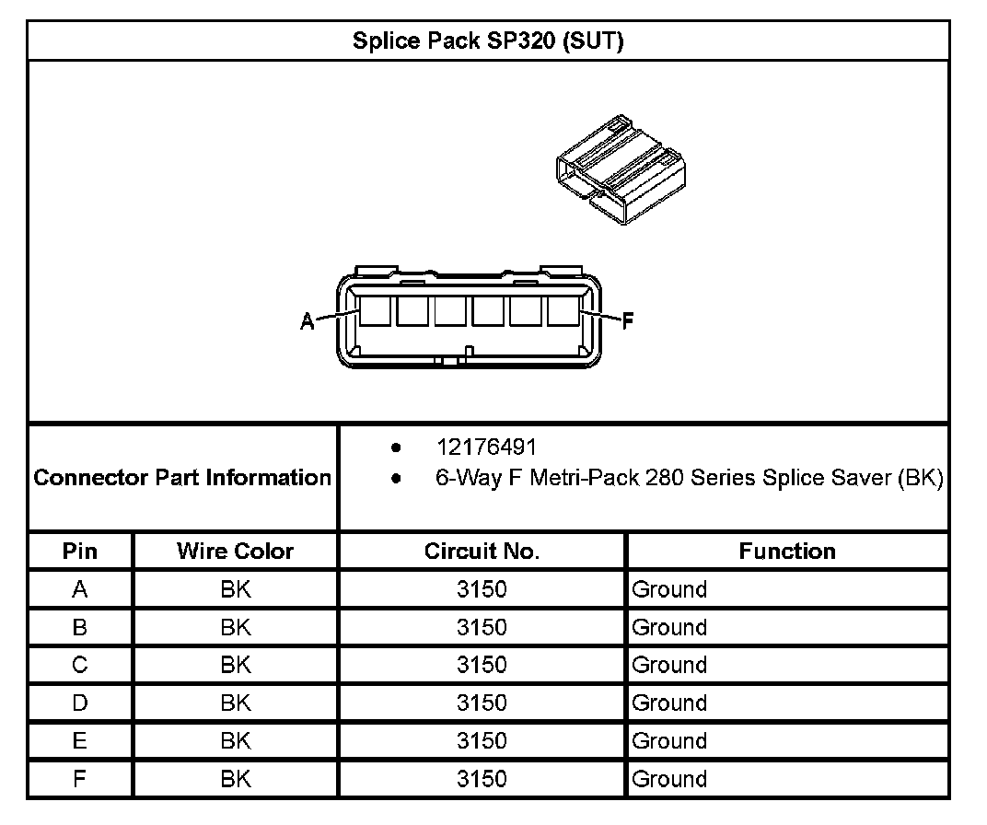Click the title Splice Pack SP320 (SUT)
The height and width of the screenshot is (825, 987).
coord(488,41)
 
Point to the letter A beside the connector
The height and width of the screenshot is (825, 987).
coord(308,320)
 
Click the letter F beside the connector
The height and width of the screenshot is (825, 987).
coord(628,320)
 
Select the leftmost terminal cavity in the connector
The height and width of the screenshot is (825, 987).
coord(374,311)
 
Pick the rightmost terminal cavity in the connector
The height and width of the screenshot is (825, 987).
coord(563,311)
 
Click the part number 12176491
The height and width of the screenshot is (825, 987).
coord(485,447)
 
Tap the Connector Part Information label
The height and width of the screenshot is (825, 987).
coord(182,478)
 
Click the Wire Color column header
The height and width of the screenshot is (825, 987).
coord(235,552)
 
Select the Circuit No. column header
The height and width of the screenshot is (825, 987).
coord(482,552)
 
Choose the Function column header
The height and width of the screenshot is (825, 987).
coord(787,552)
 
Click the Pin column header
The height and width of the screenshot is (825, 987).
coord(79,552)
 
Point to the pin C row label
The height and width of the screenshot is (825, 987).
coord(79,665)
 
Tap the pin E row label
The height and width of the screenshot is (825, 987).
coord(79,740)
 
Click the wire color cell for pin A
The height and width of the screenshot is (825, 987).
coord(235,589)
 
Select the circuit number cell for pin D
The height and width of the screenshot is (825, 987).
coord(482,703)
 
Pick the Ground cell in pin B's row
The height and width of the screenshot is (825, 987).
coord(669,627)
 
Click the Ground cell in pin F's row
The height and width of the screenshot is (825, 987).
coord(669,779)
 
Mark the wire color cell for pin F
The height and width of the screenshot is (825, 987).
coord(235,779)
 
